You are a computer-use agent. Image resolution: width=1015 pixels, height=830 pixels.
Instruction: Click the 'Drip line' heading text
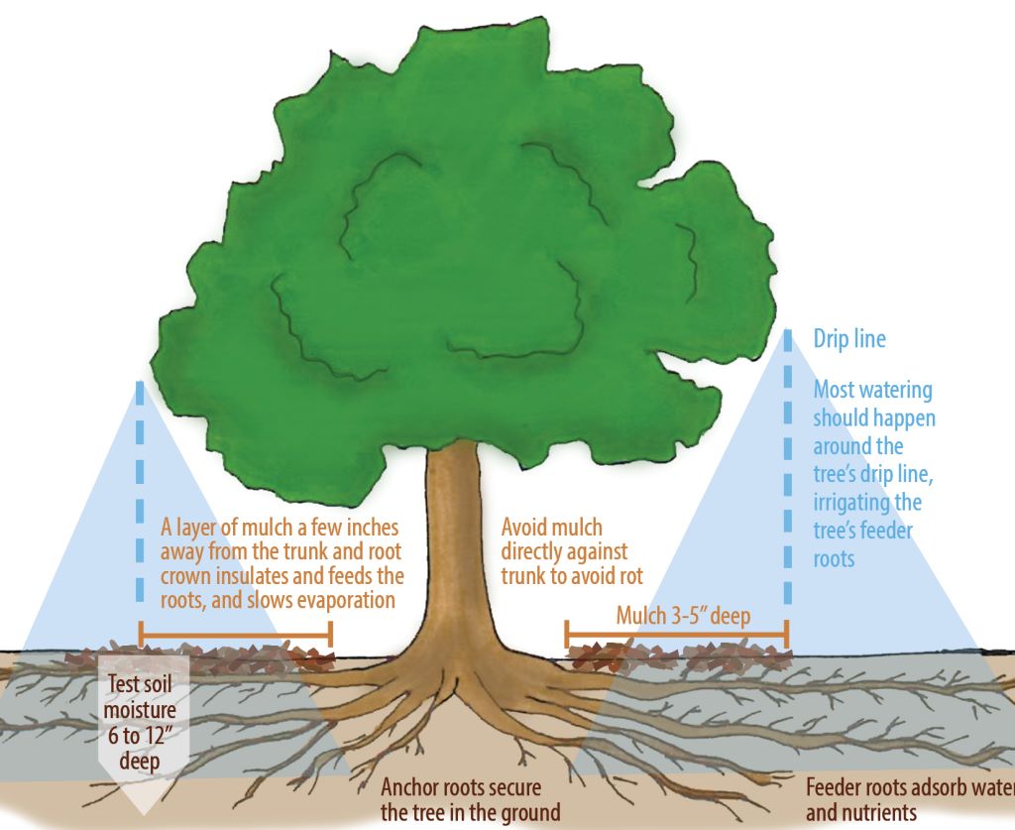[x=849, y=339]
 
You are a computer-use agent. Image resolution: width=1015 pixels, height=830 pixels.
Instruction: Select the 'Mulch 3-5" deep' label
[x=683, y=616]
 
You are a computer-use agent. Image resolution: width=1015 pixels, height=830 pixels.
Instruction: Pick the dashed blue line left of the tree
[x=140, y=496]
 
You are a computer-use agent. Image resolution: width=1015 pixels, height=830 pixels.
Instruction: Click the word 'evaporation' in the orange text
[x=348, y=600]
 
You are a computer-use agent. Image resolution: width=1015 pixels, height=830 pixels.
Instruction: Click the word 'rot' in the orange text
[x=631, y=575]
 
